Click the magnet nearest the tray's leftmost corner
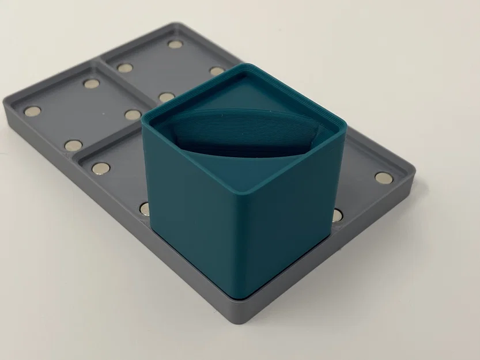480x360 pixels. point(32,111)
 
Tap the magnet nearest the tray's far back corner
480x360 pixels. point(175,44)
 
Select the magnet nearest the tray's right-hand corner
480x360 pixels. point(383,178)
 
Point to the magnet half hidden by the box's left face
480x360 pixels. point(145,209)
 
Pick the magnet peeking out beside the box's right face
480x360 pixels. point(337,215)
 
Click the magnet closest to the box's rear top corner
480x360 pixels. point(217,71)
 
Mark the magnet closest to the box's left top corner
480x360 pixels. point(133,115)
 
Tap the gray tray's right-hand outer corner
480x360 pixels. point(413,169)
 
